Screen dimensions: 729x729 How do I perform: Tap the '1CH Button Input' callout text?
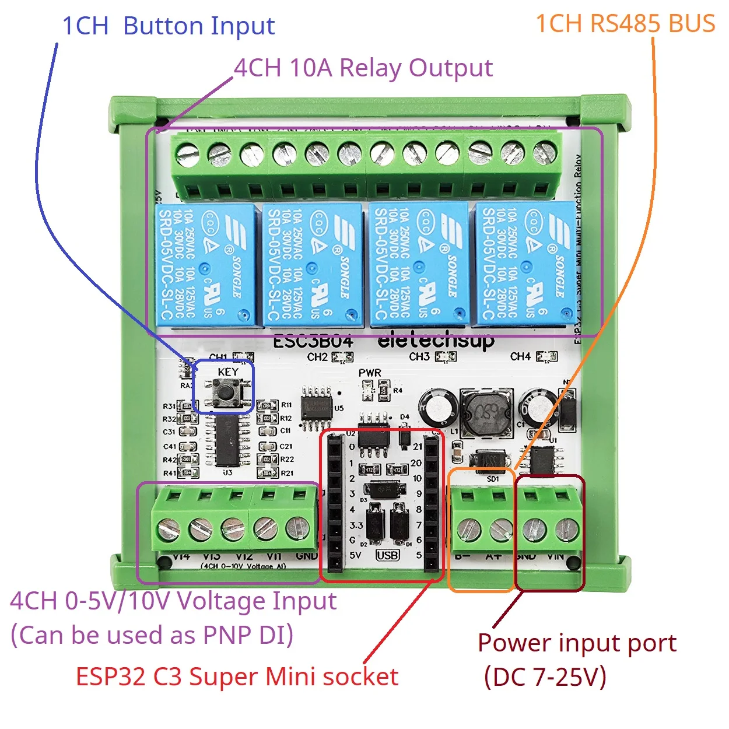[x=168, y=26]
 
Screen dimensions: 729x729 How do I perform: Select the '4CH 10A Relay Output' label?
[x=363, y=68]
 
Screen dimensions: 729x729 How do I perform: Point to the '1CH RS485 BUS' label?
[x=625, y=24]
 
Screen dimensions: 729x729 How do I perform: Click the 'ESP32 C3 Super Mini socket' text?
[x=237, y=677]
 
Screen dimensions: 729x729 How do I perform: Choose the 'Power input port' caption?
[x=577, y=643]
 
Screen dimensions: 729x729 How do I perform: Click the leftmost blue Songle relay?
[x=205, y=265]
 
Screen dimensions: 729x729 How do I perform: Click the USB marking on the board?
[x=387, y=555]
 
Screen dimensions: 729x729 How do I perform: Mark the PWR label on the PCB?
[x=370, y=373]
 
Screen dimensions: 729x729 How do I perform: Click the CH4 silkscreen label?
[x=520, y=356]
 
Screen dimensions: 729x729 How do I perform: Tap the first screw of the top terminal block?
[x=188, y=155]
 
